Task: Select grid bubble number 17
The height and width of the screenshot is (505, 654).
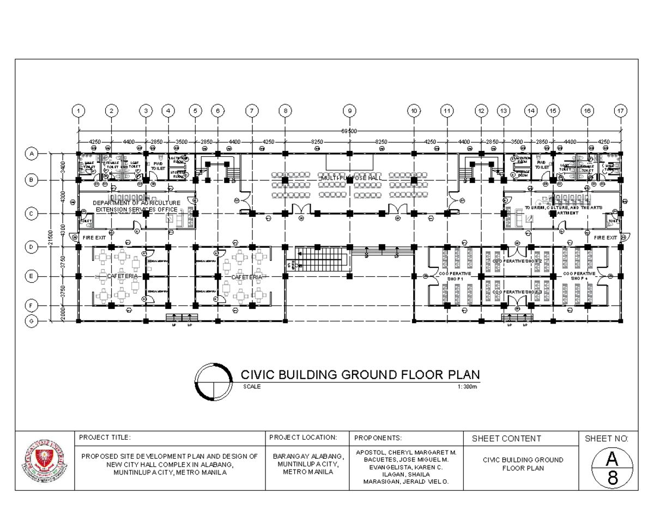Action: click(x=620, y=111)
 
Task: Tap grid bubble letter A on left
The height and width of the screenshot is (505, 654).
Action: click(x=31, y=154)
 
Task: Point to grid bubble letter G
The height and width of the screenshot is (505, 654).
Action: click(x=31, y=321)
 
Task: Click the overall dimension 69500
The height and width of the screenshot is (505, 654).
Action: click(x=349, y=131)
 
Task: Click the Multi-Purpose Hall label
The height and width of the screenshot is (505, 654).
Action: click(x=350, y=178)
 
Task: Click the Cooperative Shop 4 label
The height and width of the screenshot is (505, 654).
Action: click(x=579, y=276)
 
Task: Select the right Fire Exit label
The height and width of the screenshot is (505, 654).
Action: click(x=605, y=238)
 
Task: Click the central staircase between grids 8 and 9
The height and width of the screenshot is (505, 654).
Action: click(x=321, y=259)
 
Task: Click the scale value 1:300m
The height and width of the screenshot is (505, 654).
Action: click(x=467, y=387)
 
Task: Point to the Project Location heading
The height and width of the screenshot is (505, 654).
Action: click(x=303, y=437)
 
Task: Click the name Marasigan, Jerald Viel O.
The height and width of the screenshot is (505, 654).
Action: click(x=406, y=482)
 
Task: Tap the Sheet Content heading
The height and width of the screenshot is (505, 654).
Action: click(x=506, y=439)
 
